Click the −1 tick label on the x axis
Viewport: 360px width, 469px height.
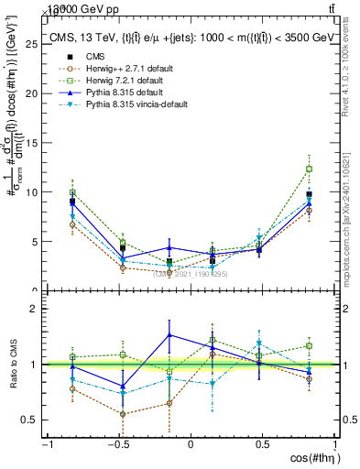(x=46, y=445)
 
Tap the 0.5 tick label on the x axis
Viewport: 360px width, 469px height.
(x=262, y=445)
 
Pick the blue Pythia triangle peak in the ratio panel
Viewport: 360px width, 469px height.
(x=169, y=334)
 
